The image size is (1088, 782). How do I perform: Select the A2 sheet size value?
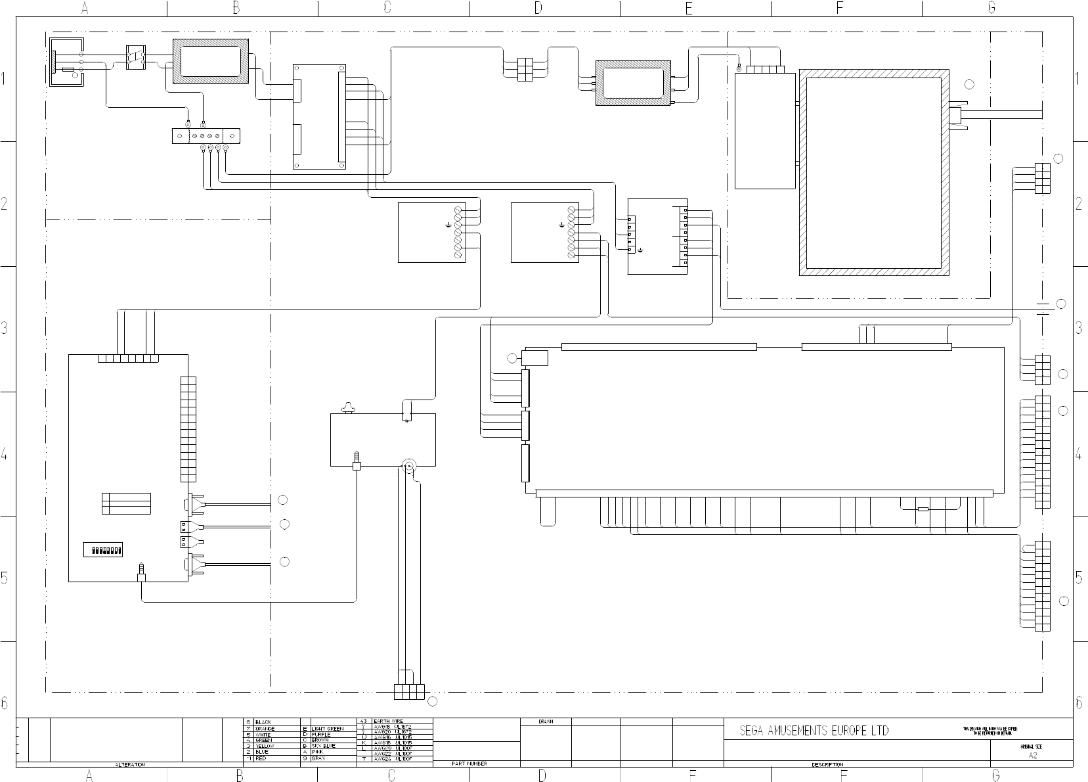click(x=1033, y=756)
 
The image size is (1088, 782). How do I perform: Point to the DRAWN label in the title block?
click(x=546, y=722)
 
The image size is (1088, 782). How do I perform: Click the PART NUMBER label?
click(x=469, y=764)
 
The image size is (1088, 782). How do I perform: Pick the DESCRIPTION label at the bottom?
click(x=827, y=764)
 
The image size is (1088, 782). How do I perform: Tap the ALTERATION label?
click(x=130, y=764)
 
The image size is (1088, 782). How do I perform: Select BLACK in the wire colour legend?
click(x=263, y=722)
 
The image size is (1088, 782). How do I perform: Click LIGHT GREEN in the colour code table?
click(x=327, y=728)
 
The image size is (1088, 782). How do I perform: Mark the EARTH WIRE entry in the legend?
click(x=389, y=722)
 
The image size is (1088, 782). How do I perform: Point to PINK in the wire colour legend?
click(x=318, y=752)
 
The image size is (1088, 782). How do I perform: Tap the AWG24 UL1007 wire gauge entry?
click(x=392, y=758)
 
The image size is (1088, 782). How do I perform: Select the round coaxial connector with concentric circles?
click(x=408, y=467)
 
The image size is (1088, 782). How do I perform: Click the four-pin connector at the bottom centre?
click(x=409, y=692)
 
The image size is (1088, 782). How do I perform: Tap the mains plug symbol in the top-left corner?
click(x=66, y=61)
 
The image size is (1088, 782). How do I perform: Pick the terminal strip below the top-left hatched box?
click(x=206, y=136)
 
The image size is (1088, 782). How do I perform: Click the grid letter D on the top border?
click(x=538, y=8)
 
